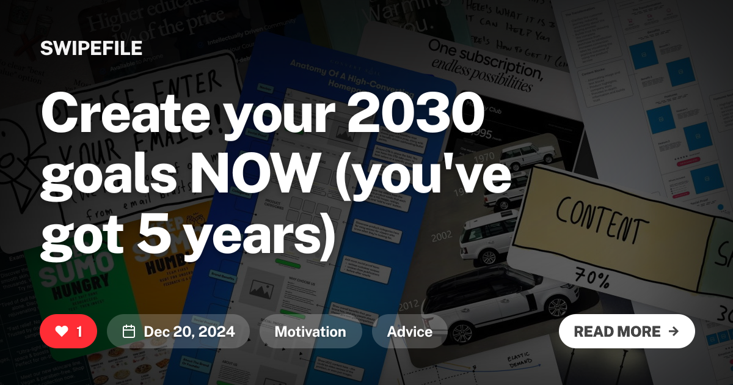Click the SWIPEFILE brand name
(91, 48)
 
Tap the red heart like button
(68, 331)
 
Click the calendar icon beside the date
(129, 332)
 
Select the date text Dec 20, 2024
(189, 332)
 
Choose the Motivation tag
(310, 332)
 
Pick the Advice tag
(410, 332)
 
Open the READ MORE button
(627, 331)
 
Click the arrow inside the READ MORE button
(674, 331)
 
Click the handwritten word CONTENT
(599, 220)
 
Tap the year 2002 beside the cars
(442, 236)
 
